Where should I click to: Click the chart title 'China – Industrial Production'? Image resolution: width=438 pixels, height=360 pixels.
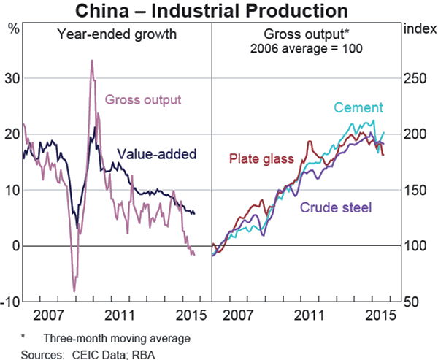point(218,11)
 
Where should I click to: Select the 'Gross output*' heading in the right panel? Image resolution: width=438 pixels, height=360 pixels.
point(307,34)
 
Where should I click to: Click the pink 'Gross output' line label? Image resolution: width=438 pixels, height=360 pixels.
point(143,100)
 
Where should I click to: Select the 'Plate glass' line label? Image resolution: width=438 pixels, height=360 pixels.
point(261,158)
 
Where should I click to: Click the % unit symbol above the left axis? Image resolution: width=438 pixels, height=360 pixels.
point(13,28)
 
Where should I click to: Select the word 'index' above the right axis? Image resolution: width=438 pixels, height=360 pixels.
point(415,28)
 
